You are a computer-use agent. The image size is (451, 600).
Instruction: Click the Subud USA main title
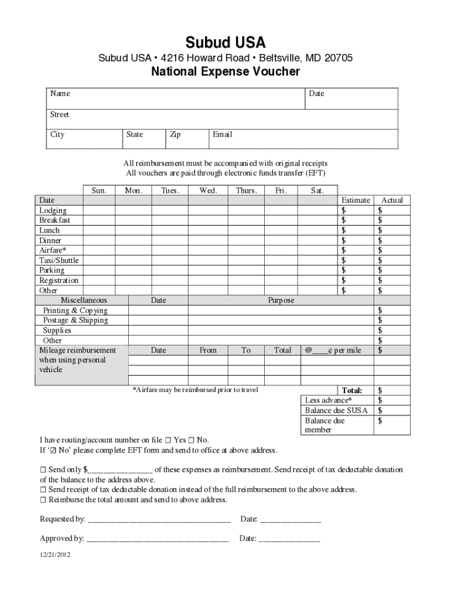[x=225, y=42]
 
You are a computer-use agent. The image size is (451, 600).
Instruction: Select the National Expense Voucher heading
[x=225, y=71]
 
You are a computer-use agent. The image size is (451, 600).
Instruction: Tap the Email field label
[x=222, y=135]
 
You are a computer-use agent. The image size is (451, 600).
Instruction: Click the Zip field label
[x=175, y=135]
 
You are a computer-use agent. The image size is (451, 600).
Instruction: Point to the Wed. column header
[x=208, y=190]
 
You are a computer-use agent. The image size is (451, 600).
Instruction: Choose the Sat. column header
[x=317, y=190]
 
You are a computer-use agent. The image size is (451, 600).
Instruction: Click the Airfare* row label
[x=53, y=250]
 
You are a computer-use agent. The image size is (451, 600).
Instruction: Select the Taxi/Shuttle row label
[x=59, y=260]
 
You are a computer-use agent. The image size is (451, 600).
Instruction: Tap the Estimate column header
[x=356, y=200]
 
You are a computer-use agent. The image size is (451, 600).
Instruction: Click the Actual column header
[x=392, y=200]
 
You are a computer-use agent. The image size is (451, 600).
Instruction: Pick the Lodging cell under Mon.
[x=134, y=210]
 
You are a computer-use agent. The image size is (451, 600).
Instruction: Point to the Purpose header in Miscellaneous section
[x=281, y=301]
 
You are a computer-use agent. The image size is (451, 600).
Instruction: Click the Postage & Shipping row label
[x=76, y=321]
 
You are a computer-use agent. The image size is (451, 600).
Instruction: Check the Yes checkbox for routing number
[x=168, y=440]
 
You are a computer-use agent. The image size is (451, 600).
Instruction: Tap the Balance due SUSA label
[x=336, y=410]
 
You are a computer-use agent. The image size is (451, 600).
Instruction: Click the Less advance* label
[x=329, y=400]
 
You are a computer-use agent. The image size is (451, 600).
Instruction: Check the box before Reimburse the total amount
[x=43, y=500]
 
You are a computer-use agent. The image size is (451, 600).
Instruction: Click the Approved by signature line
[x=157, y=538]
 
